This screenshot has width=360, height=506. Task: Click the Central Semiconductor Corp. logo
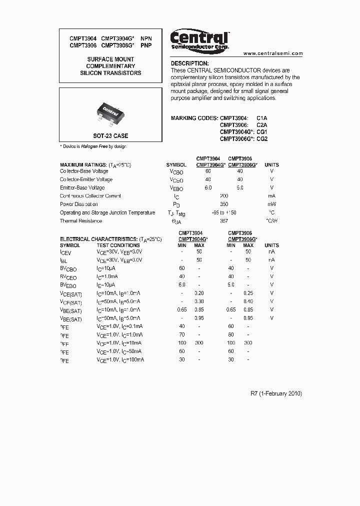click(199, 39)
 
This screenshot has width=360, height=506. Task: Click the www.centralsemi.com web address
click(273, 53)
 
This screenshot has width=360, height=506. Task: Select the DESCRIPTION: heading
click(189, 63)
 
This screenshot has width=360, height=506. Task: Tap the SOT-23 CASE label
click(110, 136)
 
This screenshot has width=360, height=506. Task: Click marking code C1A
click(262, 118)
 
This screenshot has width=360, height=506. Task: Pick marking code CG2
click(262, 139)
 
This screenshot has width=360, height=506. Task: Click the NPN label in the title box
click(145, 38)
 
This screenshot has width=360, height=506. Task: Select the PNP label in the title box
click(145, 45)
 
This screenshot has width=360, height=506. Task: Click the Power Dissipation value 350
click(224, 204)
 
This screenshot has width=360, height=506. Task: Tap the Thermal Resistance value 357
click(224, 221)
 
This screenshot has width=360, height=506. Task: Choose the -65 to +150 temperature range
click(224, 212)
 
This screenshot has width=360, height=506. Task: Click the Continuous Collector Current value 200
click(224, 196)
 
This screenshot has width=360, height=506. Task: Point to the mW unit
click(271, 204)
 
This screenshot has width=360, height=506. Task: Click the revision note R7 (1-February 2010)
click(276, 393)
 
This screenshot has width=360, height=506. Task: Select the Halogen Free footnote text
click(93, 146)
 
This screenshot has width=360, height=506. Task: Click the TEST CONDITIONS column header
click(118, 245)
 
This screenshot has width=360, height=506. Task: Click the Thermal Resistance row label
click(81, 221)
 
